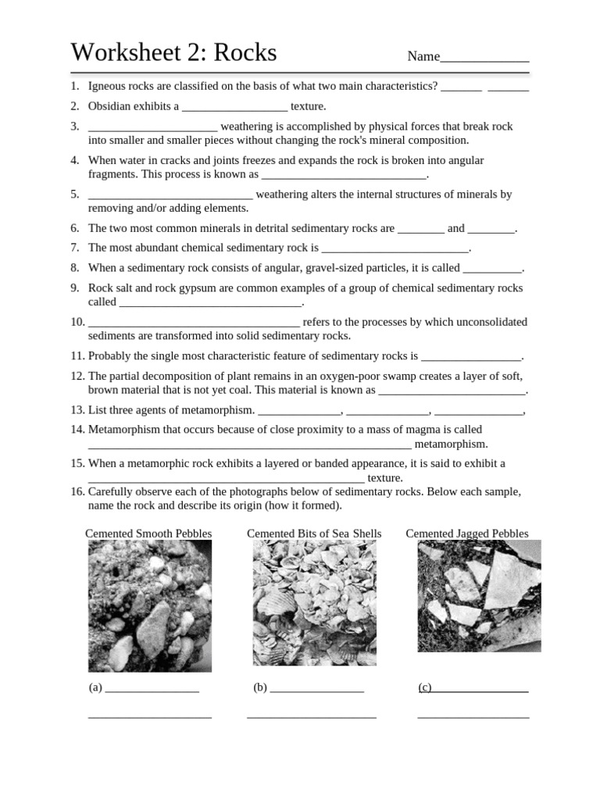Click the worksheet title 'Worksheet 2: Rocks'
click(173, 52)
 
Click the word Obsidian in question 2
click(112, 106)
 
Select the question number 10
click(77, 322)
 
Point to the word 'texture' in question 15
click(384, 477)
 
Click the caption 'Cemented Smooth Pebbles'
click(148, 534)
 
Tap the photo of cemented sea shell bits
click(314, 602)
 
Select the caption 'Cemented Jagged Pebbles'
click(467, 534)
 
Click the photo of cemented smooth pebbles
click(149, 605)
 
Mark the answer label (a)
click(95, 687)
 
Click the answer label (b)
click(260, 687)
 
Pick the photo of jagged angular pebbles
click(479, 595)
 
